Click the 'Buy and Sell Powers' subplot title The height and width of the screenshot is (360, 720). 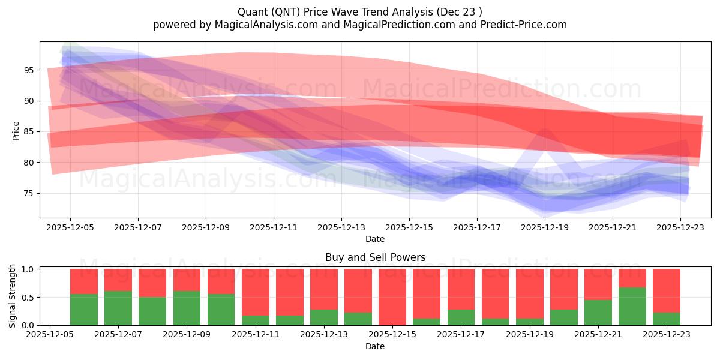[x=375, y=257]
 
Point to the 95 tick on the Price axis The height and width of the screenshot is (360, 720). [x=29, y=70]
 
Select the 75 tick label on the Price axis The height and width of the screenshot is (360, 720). [x=29, y=193]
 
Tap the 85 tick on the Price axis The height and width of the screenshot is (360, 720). [x=29, y=131]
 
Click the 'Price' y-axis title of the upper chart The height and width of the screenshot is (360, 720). [x=16, y=130]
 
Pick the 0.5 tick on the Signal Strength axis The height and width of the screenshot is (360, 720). [x=28, y=298]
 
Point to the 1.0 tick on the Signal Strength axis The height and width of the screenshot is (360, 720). [x=28, y=269]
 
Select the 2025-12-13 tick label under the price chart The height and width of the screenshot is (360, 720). [x=341, y=228]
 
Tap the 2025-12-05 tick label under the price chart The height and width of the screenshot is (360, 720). [x=70, y=228]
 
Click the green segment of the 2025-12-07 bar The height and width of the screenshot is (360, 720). [x=118, y=308]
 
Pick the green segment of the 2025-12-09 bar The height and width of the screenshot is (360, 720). [x=187, y=308]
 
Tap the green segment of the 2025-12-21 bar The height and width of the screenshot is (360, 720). [x=598, y=312]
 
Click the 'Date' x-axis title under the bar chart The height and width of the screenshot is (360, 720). [x=375, y=346]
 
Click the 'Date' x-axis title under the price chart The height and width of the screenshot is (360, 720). [x=375, y=239]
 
